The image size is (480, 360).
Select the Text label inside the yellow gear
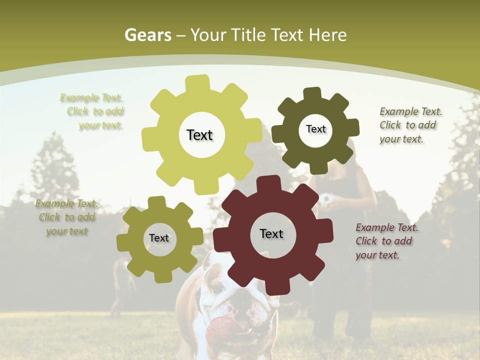199,135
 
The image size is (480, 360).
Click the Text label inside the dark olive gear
315,129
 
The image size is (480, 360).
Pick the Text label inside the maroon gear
271,234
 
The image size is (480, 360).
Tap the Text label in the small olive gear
159,238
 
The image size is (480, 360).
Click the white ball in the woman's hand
327,198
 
